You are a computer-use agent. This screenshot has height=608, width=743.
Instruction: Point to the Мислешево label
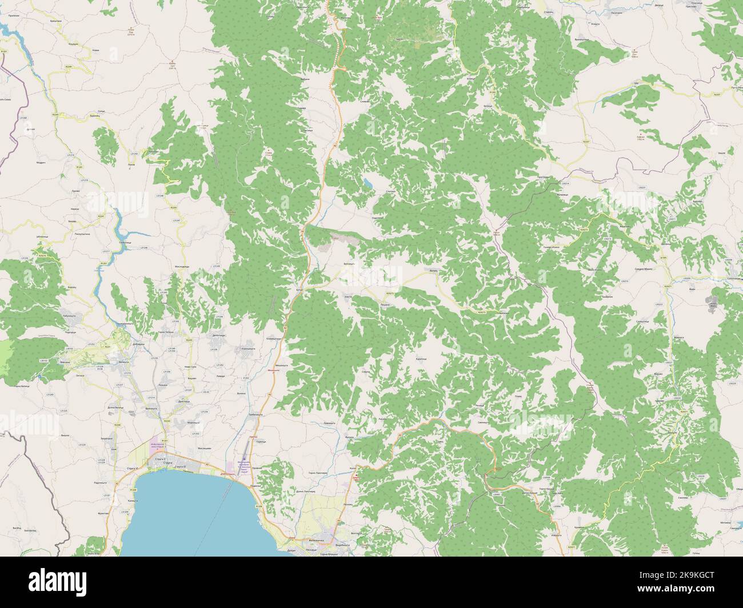205,449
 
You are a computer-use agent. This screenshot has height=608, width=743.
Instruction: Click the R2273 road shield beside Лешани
390,293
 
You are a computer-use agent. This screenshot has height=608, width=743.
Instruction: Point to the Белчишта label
349,264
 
